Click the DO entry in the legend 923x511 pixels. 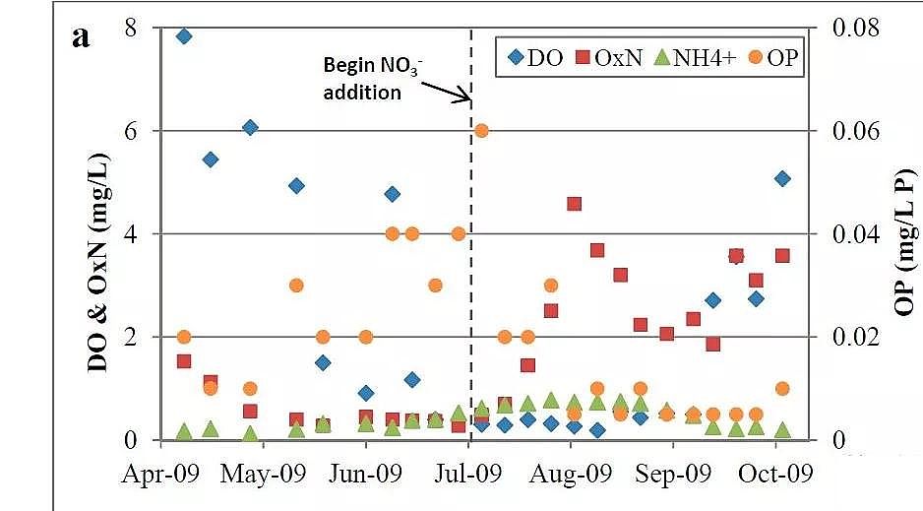point(532,57)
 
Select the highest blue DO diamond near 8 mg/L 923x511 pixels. point(183,36)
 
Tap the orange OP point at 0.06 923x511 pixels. point(481,131)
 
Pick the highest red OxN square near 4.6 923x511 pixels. point(574,204)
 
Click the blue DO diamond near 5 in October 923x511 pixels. point(782,178)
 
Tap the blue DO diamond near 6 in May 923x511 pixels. point(250,127)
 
